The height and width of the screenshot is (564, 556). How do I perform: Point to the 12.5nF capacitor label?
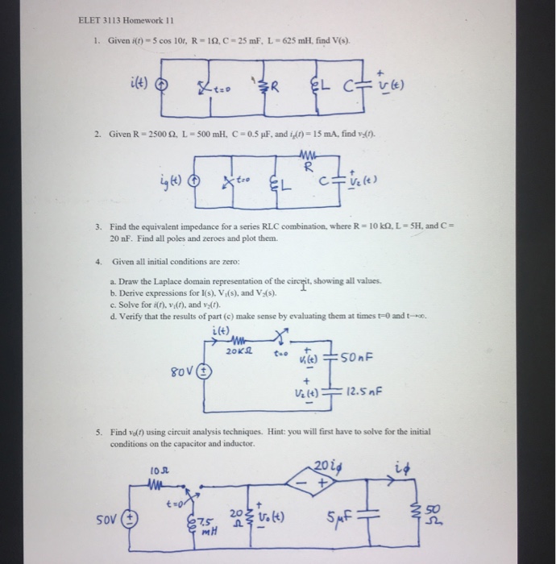362,394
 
